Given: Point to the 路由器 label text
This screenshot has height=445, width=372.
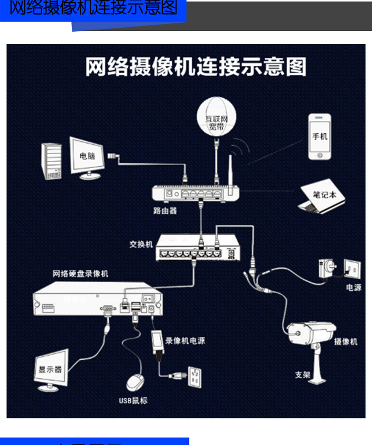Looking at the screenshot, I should click(165, 210).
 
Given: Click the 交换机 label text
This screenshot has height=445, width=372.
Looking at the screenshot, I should click(141, 244).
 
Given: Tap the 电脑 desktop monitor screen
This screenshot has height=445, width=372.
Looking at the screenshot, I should click(87, 156).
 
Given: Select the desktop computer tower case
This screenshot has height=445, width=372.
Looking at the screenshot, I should click(52, 161).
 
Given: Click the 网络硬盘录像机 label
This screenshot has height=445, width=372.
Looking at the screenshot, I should click(80, 273).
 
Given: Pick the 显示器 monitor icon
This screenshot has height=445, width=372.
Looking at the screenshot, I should click(51, 370).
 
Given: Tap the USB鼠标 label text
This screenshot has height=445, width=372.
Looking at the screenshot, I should click(133, 400).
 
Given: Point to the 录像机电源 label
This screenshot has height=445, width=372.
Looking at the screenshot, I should click(185, 341).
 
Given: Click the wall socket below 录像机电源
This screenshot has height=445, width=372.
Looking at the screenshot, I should click(194, 377).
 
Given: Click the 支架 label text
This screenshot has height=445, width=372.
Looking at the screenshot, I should click(303, 375).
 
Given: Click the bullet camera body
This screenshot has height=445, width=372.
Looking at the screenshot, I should click(311, 333).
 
